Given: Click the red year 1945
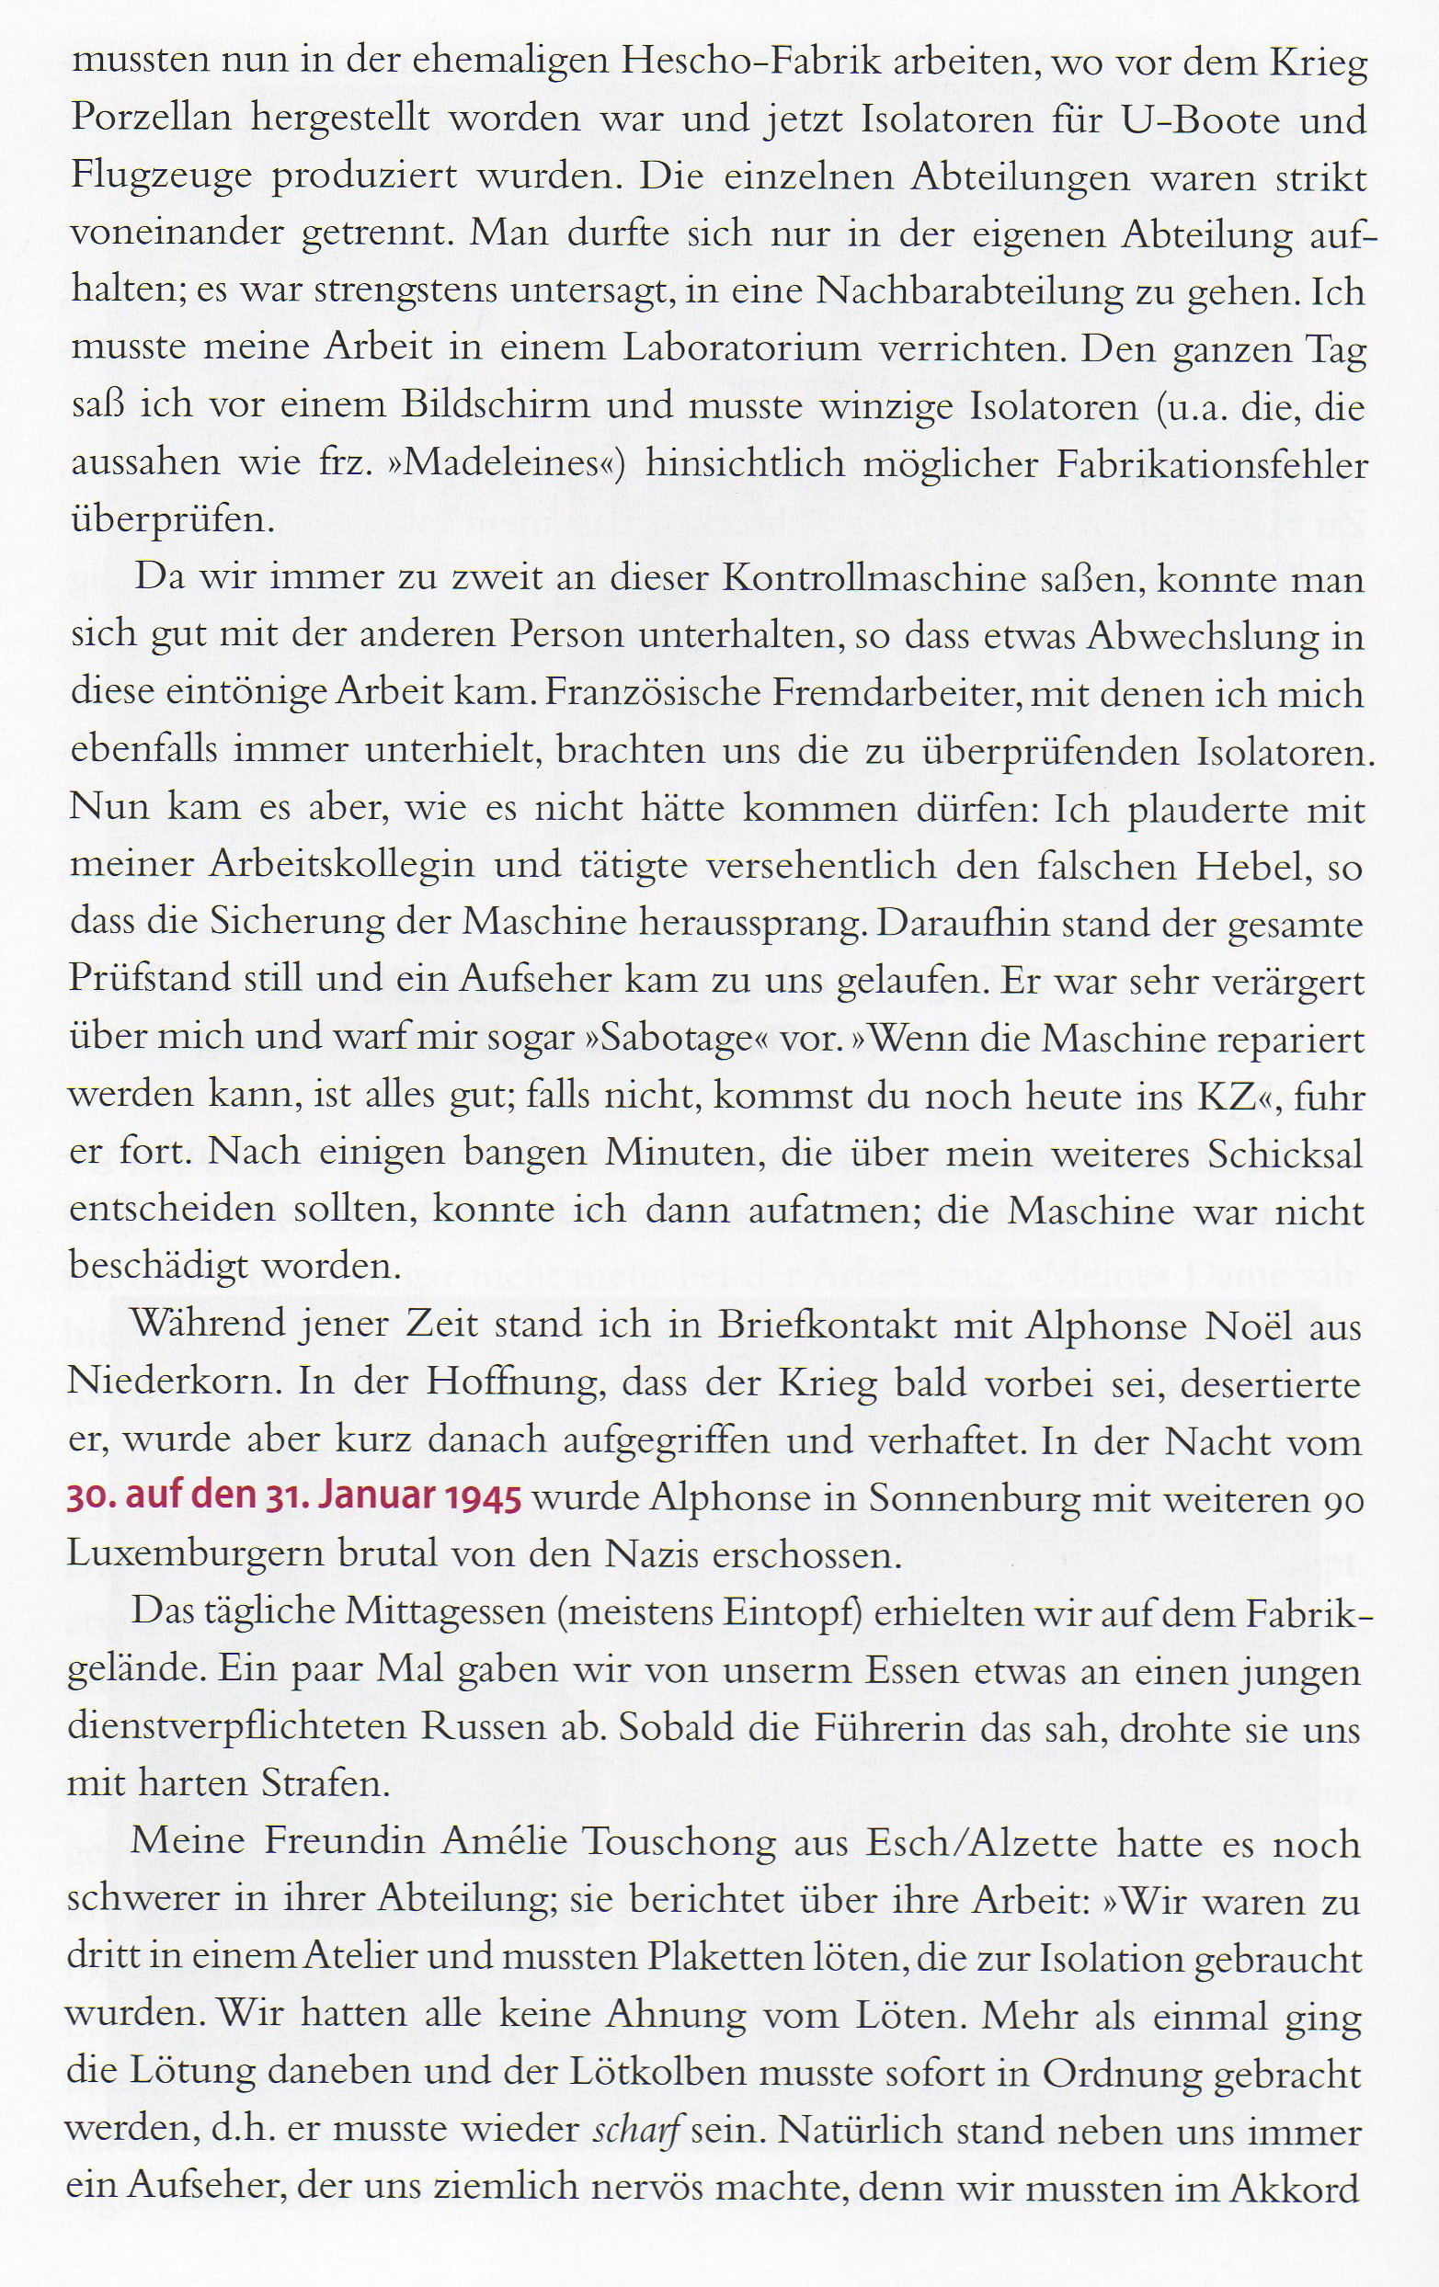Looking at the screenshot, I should [481, 1498].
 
